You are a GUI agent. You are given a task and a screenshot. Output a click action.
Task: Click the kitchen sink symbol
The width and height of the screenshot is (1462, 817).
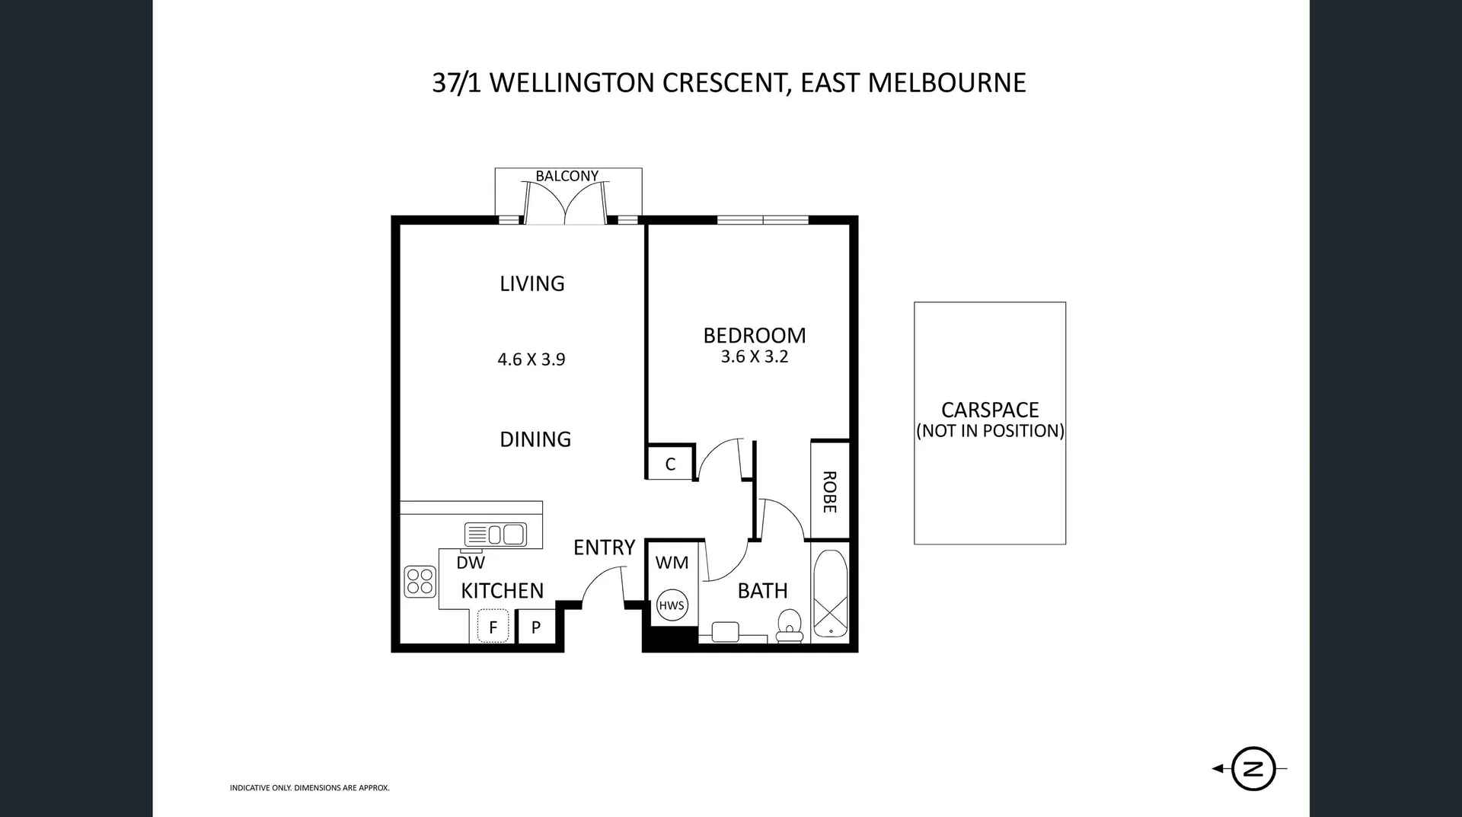(x=495, y=535)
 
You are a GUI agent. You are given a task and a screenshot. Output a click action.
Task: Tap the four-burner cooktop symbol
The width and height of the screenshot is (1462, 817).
(x=420, y=582)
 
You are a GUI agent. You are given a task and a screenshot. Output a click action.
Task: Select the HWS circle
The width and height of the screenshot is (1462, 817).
(x=672, y=605)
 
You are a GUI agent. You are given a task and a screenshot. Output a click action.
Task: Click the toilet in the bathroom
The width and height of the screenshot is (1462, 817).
(x=790, y=627)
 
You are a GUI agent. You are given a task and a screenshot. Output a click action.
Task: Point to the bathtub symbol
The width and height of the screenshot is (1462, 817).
(x=830, y=594)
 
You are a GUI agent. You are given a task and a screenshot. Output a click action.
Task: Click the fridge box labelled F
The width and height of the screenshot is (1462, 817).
(x=493, y=627)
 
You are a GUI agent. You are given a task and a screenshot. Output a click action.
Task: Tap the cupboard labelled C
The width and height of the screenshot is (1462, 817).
(x=670, y=464)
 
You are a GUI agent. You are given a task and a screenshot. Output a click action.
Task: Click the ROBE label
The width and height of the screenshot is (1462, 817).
(x=830, y=492)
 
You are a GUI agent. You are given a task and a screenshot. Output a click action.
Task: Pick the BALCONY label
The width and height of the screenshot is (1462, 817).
(x=567, y=176)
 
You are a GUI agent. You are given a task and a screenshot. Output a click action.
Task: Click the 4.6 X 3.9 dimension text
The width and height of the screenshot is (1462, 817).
(x=531, y=359)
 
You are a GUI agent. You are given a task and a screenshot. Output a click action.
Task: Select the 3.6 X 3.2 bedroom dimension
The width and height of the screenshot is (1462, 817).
(x=755, y=356)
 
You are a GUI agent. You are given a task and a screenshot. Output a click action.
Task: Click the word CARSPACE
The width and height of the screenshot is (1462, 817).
(x=990, y=410)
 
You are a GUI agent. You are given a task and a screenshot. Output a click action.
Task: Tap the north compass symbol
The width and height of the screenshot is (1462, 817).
(x=1253, y=768)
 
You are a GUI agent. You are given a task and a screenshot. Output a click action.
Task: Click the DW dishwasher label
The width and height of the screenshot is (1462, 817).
(x=471, y=563)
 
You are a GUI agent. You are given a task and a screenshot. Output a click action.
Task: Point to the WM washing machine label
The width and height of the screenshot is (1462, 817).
(x=672, y=563)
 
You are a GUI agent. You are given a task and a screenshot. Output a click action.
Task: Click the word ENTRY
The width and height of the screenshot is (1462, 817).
(x=604, y=547)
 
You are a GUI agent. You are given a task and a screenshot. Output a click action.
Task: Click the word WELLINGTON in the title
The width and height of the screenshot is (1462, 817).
(x=572, y=82)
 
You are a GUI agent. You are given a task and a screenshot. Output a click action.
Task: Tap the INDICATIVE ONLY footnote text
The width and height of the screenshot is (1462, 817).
(x=310, y=788)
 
